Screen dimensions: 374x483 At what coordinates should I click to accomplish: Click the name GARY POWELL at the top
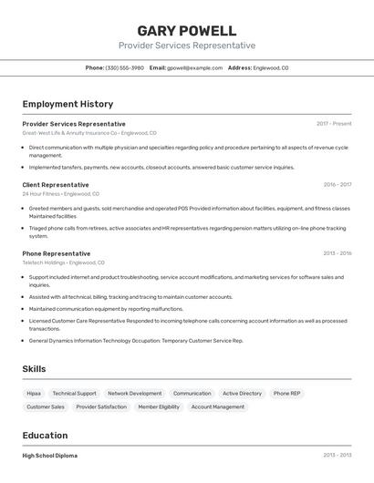pyautogui.click(x=186, y=31)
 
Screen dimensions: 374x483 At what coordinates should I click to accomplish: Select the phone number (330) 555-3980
pyautogui.click(x=125, y=67)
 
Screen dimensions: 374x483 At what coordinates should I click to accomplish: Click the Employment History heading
pyautogui.click(x=68, y=104)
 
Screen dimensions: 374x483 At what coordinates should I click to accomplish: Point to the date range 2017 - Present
pyautogui.click(x=334, y=124)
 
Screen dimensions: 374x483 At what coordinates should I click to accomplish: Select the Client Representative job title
pyautogui.click(x=56, y=185)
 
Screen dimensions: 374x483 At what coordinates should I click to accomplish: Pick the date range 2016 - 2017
pyautogui.click(x=337, y=185)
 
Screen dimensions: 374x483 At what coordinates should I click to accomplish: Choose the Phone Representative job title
pyautogui.click(x=57, y=253)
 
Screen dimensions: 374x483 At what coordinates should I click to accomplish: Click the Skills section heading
pyautogui.click(x=35, y=369)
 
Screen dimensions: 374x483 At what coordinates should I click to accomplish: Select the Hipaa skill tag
pyautogui.click(x=34, y=394)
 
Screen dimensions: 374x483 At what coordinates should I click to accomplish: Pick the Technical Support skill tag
pyautogui.click(x=74, y=394)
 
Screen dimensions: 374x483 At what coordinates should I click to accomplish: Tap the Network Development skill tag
pyautogui.click(x=135, y=394)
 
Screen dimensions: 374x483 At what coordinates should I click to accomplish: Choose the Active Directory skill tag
pyautogui.click(x=242, y=394)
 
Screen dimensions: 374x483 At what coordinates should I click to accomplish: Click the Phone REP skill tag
pyautogui.click(x=286, y=394)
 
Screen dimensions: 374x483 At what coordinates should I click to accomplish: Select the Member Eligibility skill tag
pyautogui.click(x=159, y=407)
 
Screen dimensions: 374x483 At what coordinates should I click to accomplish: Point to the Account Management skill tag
pyautogui.click(x=218, y=407)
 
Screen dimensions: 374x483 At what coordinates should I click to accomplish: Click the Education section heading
pyautogui.click(x=46, y=436)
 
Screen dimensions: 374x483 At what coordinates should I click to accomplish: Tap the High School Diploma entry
pyautogui.click(x=50, y=456)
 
